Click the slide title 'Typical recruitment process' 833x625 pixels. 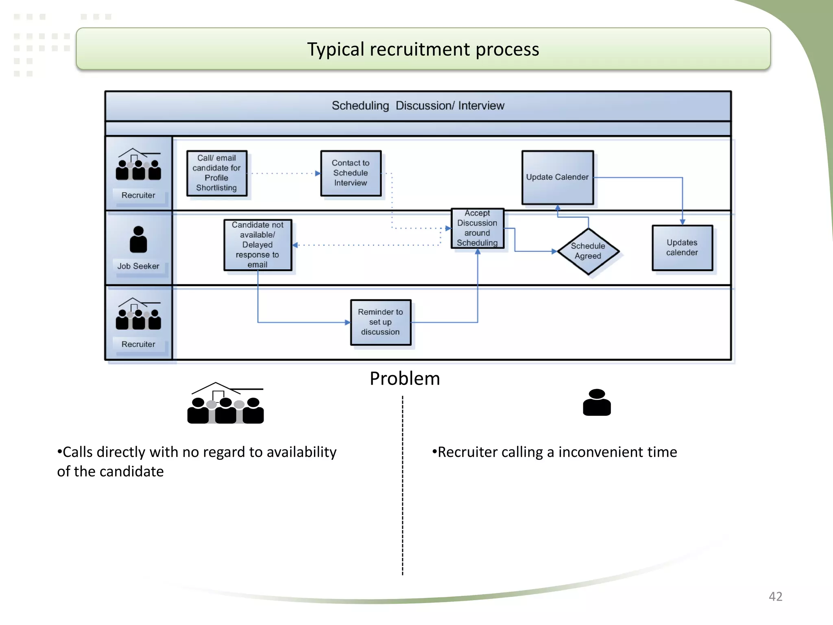pyautogui.click(x=423, y=49)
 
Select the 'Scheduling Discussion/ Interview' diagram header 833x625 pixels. pyautogui.click(x=418, y=106)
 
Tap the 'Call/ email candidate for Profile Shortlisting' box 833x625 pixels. pyautogui.click(x=217, y=173)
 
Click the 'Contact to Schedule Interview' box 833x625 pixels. pyautogui.click(x=351, y=173)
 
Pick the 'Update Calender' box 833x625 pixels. pyautogui.click(x=557, y=177)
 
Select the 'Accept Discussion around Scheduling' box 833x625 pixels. pyautogui.click(x=477, y=228)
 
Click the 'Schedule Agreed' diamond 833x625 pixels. pyautogui.click(x=588, y=251)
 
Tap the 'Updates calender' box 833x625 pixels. pyautogui.click(x=682, y=247)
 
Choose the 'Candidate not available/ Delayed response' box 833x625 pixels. pyautogui.click(x=257, y=245)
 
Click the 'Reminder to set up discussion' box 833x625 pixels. pyautogui.click(x=380, y=322)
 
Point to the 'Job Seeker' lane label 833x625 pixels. pyautogui.click(x=138, y=266)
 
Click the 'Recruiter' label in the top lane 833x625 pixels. pyautogui.click(x=138, y=195)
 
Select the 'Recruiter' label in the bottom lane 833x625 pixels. pyautogui.click(x=138, y=344)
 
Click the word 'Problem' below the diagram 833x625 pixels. pyautogui.click(x=405, y=379)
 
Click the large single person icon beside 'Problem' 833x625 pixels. pyautogui.click(x=597, y=402)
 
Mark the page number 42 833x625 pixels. pyautogui.click(x=775, y=597)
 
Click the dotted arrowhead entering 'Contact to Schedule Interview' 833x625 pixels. pyautogui.click(x=318, y=173)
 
